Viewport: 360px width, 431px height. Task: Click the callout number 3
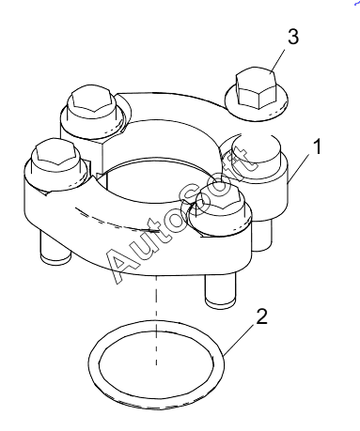(293, 38)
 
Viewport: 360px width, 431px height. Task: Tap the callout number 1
(317, 147)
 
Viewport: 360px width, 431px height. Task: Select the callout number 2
(261, 316)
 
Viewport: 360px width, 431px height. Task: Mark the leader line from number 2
(240, 340)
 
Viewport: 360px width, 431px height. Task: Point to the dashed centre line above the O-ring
(156, 321)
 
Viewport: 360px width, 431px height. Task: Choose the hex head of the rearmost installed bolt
(91, 103)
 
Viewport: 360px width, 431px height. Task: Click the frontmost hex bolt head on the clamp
(219, 202)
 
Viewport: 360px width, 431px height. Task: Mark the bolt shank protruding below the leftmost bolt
(55, 247)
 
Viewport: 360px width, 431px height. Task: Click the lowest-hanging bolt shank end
(220, 289)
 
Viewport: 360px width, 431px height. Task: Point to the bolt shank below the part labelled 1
(261, 234)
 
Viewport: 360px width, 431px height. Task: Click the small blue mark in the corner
(357, 3)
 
